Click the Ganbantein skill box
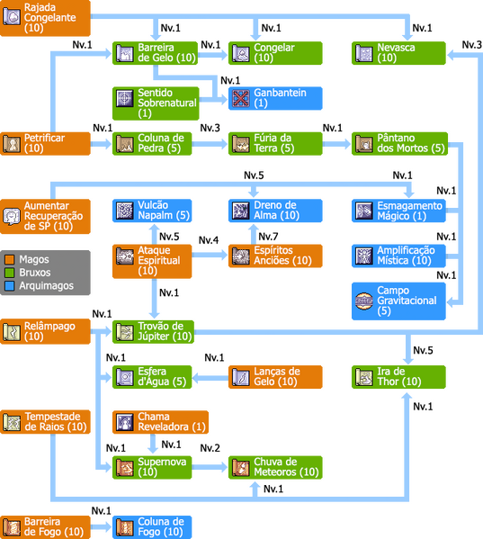(275, 98)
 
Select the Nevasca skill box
(398, 53)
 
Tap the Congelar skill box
(275, 53)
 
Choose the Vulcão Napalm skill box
(152, 211)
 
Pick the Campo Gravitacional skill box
(398, 301)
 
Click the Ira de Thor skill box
(398, 377)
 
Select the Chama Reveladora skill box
(160, 422)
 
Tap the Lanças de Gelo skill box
(275, 377)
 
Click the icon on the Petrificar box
(12, 144)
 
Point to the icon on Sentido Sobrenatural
(124, 99)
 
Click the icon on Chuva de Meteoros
(240, 468)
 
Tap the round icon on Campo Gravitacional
(363, 301)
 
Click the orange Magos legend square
(10, 259)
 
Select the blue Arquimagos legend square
(10, 285)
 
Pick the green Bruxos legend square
(10, 273)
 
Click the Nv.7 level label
(268, 237)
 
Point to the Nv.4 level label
(209, 240)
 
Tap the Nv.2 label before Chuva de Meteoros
(210, 448)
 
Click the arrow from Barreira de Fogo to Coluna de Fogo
(102, 527)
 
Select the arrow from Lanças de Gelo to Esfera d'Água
(210, 378)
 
